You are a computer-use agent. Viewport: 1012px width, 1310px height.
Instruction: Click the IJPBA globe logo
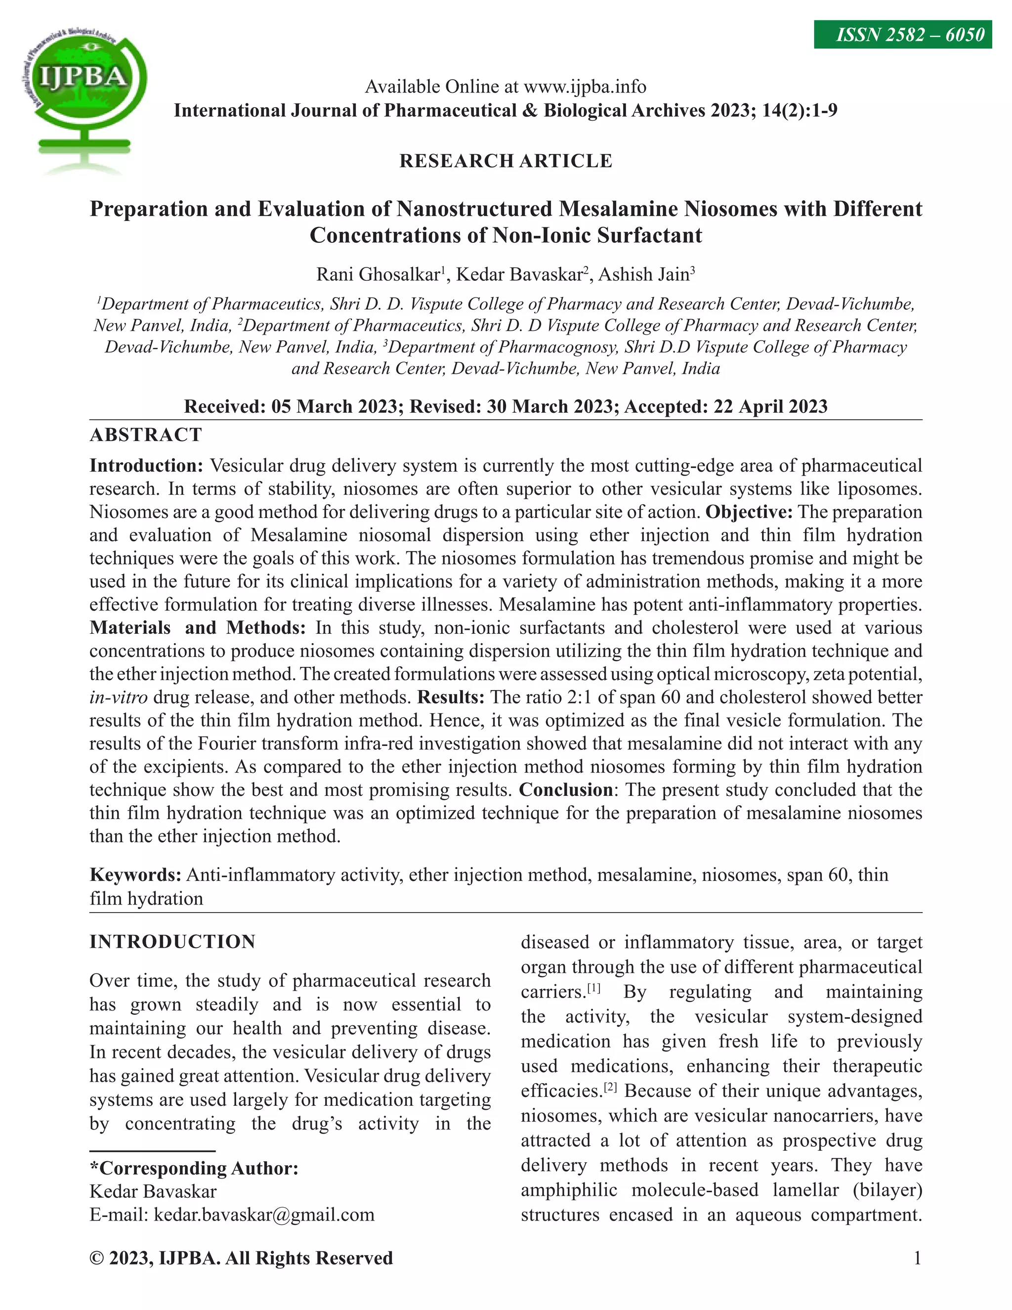(84, 90)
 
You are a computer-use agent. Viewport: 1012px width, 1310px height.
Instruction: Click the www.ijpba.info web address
(585, 87)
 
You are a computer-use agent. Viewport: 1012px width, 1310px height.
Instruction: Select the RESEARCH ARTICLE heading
(506, 161)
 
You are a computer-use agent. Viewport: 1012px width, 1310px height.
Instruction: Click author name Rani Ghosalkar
(378, 275)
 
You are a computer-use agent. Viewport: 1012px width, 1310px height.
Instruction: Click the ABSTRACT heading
(146, 435)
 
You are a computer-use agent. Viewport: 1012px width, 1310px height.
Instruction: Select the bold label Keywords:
(135, 875)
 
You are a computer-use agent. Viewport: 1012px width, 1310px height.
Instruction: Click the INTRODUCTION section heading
(172, 942)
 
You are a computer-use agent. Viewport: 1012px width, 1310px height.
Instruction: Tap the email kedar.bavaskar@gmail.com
(264, 1215)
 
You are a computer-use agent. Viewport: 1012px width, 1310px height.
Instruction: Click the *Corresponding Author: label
(194, 1169)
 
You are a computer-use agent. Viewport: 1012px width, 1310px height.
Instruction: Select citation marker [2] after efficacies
(610, 1087)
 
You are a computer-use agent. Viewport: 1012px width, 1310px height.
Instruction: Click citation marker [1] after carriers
(593, 988)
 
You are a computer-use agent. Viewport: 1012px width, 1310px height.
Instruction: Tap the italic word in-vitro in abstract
(118, 698)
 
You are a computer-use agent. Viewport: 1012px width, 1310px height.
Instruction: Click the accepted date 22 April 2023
(770, 407)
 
